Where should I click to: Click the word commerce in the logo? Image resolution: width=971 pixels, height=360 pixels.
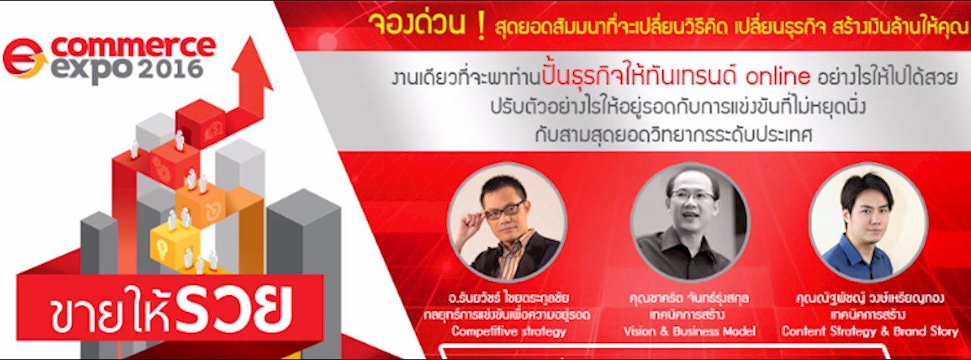(x=133, y=47)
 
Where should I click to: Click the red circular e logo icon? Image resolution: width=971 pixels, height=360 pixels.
(x=23, y=58)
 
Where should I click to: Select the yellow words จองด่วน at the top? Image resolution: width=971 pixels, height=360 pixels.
(x=418, y=26)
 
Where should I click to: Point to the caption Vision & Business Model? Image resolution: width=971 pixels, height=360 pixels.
(x=689, y=332)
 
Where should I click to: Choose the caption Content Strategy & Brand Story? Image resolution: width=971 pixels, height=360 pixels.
(x=870, y=332)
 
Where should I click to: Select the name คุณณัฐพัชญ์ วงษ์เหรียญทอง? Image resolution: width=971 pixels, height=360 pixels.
(x=870, y=300)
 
